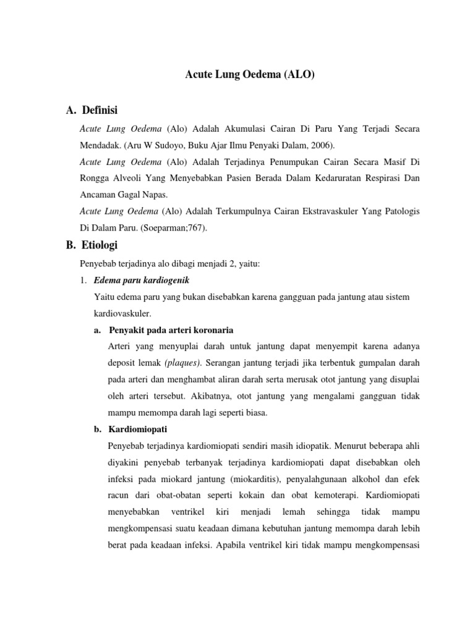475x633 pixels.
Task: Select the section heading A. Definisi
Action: tap(91, 111)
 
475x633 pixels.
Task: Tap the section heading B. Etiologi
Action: tap(91, 245)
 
